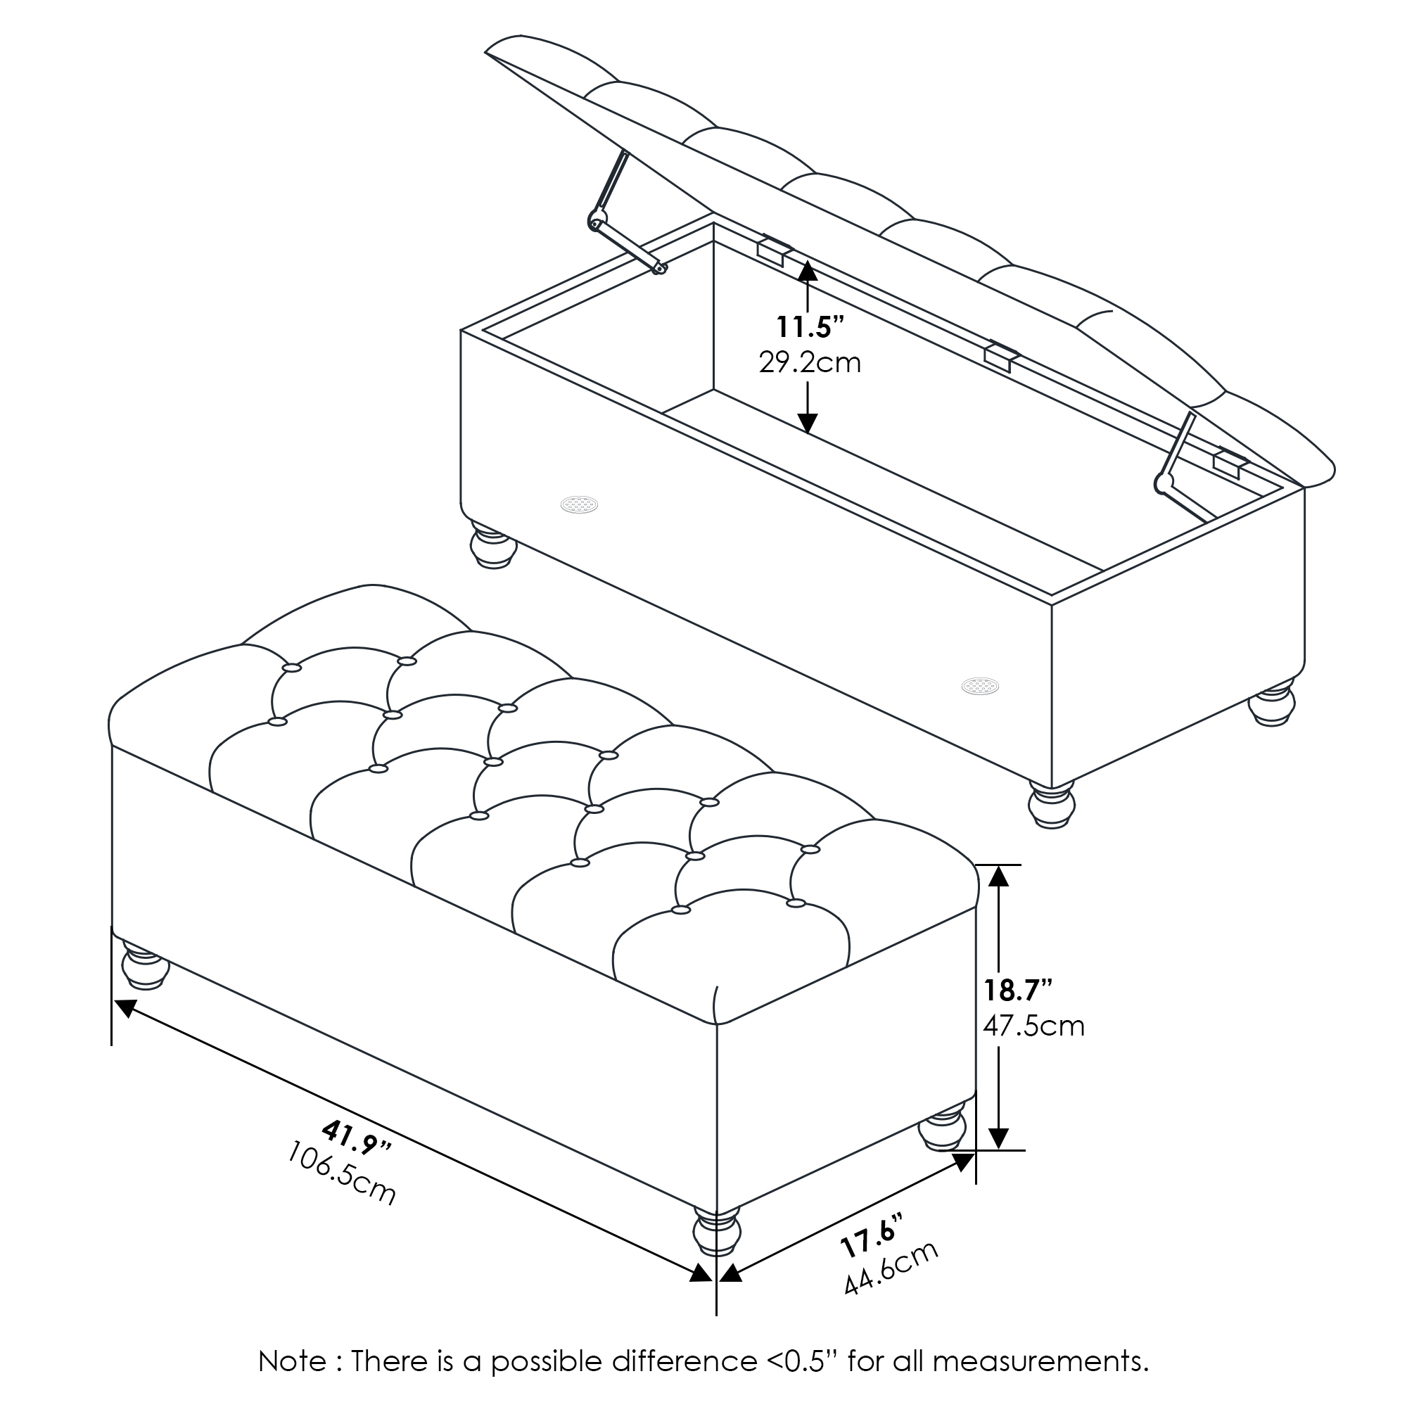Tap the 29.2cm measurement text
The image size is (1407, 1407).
(x=810, y=363)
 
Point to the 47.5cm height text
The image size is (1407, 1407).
(x=1033, y=1026)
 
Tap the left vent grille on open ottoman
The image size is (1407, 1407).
(x=579, y=504)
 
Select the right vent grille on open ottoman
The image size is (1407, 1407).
(x=979, y=685)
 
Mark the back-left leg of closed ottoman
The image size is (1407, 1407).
(x=145, y=965)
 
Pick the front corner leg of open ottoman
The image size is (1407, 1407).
(x=1052, y=804)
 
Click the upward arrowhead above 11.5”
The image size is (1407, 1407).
(x=808, y=270)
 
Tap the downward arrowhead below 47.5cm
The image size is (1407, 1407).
(x=998, y=1138)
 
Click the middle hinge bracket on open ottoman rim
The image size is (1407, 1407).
(x=1001, y=357)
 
